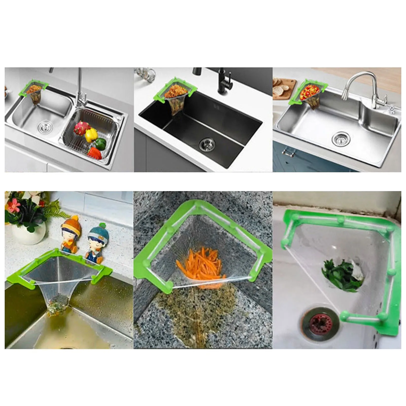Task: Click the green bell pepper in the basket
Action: pyautogui.click(x=100, y=143)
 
